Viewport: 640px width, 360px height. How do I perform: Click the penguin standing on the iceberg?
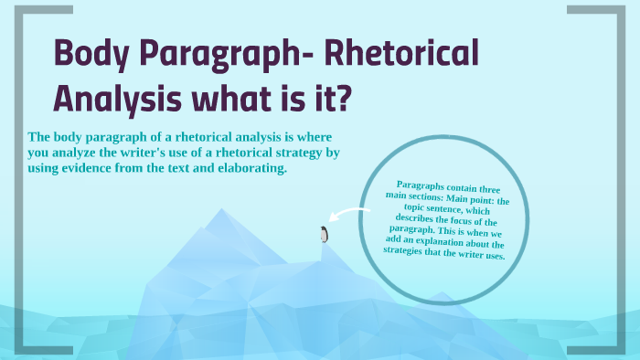tap(323, 234)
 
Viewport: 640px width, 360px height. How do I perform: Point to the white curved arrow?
tap(347, 217)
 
